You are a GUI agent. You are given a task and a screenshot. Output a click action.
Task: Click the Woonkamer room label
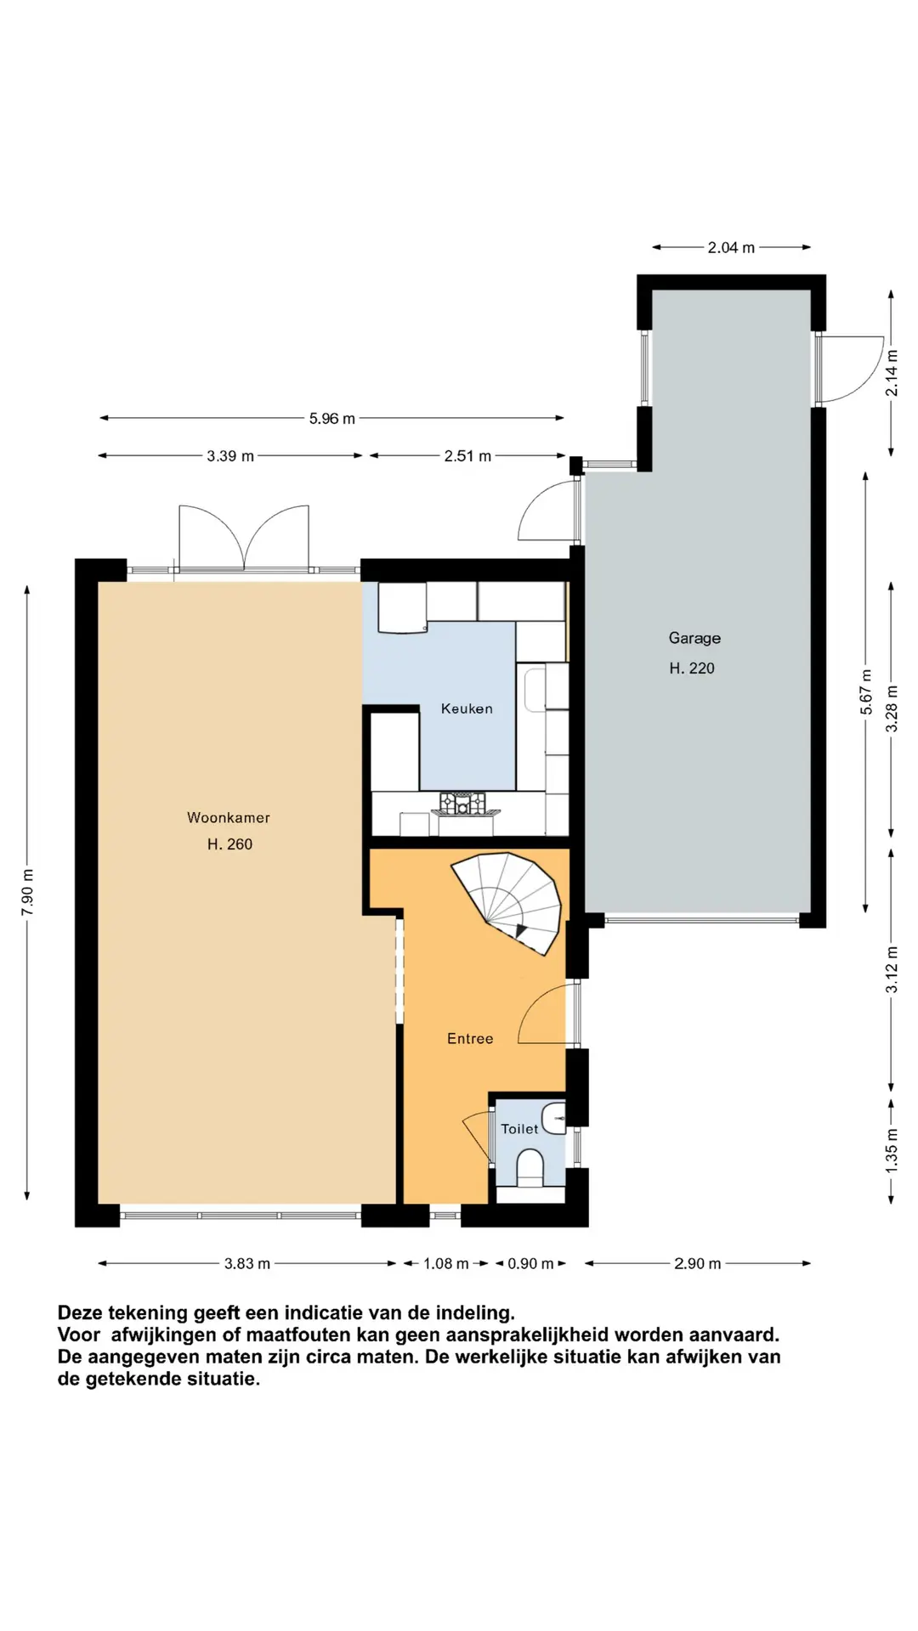(228, 817)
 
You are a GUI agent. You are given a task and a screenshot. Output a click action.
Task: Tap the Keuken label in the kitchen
(467, 708)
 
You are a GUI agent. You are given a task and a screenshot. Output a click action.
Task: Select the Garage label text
(694, 638)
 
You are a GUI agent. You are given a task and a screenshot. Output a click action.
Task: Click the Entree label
(470, 1038)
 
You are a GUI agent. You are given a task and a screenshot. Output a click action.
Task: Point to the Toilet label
(519, 1129)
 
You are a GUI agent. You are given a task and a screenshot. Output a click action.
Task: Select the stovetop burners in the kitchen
(462, 802)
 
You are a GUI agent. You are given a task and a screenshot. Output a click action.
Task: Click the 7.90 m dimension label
(28, 892)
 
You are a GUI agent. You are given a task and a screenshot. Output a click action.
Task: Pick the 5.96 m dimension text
(331, 418)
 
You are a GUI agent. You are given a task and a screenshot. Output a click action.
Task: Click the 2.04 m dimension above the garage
(731, 247)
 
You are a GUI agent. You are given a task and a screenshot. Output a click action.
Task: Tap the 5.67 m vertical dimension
(866, 692)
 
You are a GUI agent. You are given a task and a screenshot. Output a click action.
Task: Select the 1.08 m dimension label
(445, 1264)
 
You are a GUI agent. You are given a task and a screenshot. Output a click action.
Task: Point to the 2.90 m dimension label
(697, 1264)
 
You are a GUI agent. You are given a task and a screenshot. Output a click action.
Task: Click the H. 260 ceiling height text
(229, 844)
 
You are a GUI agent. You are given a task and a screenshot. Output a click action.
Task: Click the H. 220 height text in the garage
(692, 669)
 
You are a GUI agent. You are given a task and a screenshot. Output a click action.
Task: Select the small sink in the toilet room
(555, 1118)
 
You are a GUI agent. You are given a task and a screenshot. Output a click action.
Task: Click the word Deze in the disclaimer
(80, 1313)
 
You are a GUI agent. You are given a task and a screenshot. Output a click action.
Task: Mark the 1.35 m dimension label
(892, 1151)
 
